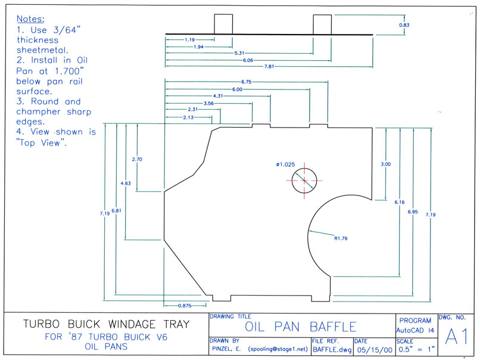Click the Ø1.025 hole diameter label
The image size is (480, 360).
click(285, 164)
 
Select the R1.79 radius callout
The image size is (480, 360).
click(341, 238)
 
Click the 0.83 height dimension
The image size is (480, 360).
click(404, 25)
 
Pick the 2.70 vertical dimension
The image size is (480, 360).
click(137, 159)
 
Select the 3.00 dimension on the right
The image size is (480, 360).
click(386, 164)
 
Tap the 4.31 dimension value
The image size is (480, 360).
click(218, 95)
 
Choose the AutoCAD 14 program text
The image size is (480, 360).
click(415, 330)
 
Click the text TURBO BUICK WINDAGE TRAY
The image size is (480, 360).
click(106, 325)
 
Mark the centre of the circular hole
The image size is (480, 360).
click(303, 181)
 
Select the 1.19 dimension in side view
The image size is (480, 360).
click(190, 39)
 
